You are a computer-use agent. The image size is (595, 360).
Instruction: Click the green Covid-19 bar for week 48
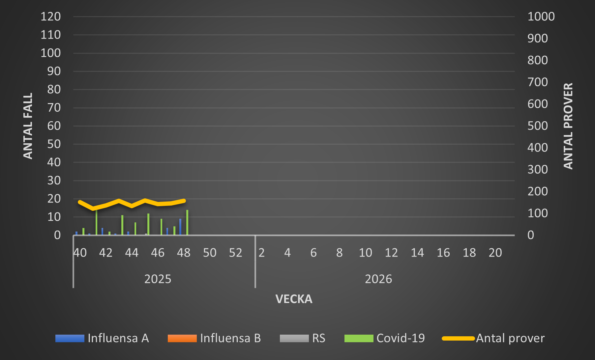(187, 223)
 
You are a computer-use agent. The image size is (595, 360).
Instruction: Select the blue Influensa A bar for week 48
(180, 227)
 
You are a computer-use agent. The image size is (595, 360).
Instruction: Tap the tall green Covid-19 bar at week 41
(96, 223)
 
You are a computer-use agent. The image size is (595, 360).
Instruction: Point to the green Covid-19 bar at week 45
(148, 224)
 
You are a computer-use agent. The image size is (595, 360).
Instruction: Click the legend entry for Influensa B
(214, 338)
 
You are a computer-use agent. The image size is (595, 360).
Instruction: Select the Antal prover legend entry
(493, 338)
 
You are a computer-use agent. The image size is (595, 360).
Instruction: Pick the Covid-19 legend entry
(385, 338)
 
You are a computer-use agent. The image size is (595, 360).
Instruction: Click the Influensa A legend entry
(102, 338)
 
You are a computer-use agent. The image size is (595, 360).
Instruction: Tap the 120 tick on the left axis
(50, 16)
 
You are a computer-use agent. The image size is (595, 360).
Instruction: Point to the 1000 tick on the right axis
(541, 16)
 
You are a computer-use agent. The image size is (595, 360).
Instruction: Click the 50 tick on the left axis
(54, 144)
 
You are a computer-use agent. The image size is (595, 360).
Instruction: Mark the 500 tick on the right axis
(537, 126)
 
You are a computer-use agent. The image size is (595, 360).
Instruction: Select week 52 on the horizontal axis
(235, 253)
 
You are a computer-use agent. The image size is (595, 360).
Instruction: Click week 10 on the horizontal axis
(365, 253)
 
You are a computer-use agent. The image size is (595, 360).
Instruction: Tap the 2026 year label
(378, 279)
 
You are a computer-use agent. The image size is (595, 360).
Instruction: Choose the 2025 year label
(158, 279)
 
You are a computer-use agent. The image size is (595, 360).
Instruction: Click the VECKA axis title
(294, 299)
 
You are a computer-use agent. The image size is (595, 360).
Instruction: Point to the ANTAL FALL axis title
(28, 126)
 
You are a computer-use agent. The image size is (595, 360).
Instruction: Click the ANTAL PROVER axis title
(568, 126)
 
